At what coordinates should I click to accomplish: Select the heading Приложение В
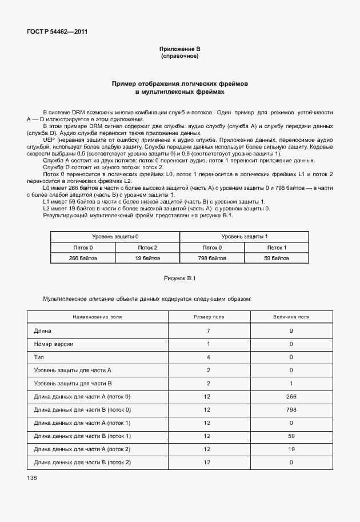tap(179, 50)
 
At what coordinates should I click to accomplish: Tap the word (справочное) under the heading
tap(179, 57)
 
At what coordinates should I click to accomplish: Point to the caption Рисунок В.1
tap(179, 278)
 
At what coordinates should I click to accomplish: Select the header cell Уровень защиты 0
tap(115, 237)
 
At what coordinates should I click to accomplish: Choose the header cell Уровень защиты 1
tap(244, 237)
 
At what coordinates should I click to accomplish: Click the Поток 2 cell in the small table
tap(147, 248)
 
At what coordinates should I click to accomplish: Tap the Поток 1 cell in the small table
tap(277, 248)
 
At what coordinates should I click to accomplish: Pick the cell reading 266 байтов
tap(83, 258)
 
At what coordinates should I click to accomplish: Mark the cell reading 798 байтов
tap(212, 258)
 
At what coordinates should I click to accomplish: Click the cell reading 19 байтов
tap(147, 258)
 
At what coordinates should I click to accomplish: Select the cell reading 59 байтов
tap(277, 258)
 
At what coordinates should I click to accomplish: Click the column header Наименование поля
tap(97, 316)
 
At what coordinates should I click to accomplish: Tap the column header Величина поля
tap(291, 316)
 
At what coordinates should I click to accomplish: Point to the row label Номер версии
tap(53, 344)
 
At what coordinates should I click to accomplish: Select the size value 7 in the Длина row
tap(209, 330)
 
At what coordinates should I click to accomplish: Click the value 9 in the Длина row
tap(291, 330)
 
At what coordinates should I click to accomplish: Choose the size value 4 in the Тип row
tap(209, 357)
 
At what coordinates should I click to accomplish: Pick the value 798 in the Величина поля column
tap(291, 409)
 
